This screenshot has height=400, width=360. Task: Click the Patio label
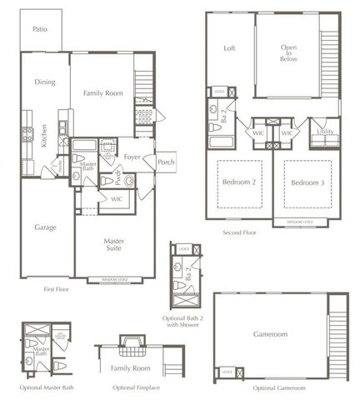click(39, 29)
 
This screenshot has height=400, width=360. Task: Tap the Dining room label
click(45, 82)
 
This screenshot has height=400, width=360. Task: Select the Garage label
click(45, 227)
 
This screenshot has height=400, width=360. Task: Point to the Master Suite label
click(114, 245)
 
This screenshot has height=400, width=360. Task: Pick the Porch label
click(166, 162)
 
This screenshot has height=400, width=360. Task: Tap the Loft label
click(230, 47)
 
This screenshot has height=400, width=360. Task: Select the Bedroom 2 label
click(237, 181)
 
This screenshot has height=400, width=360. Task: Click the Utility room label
click(326, 132)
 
